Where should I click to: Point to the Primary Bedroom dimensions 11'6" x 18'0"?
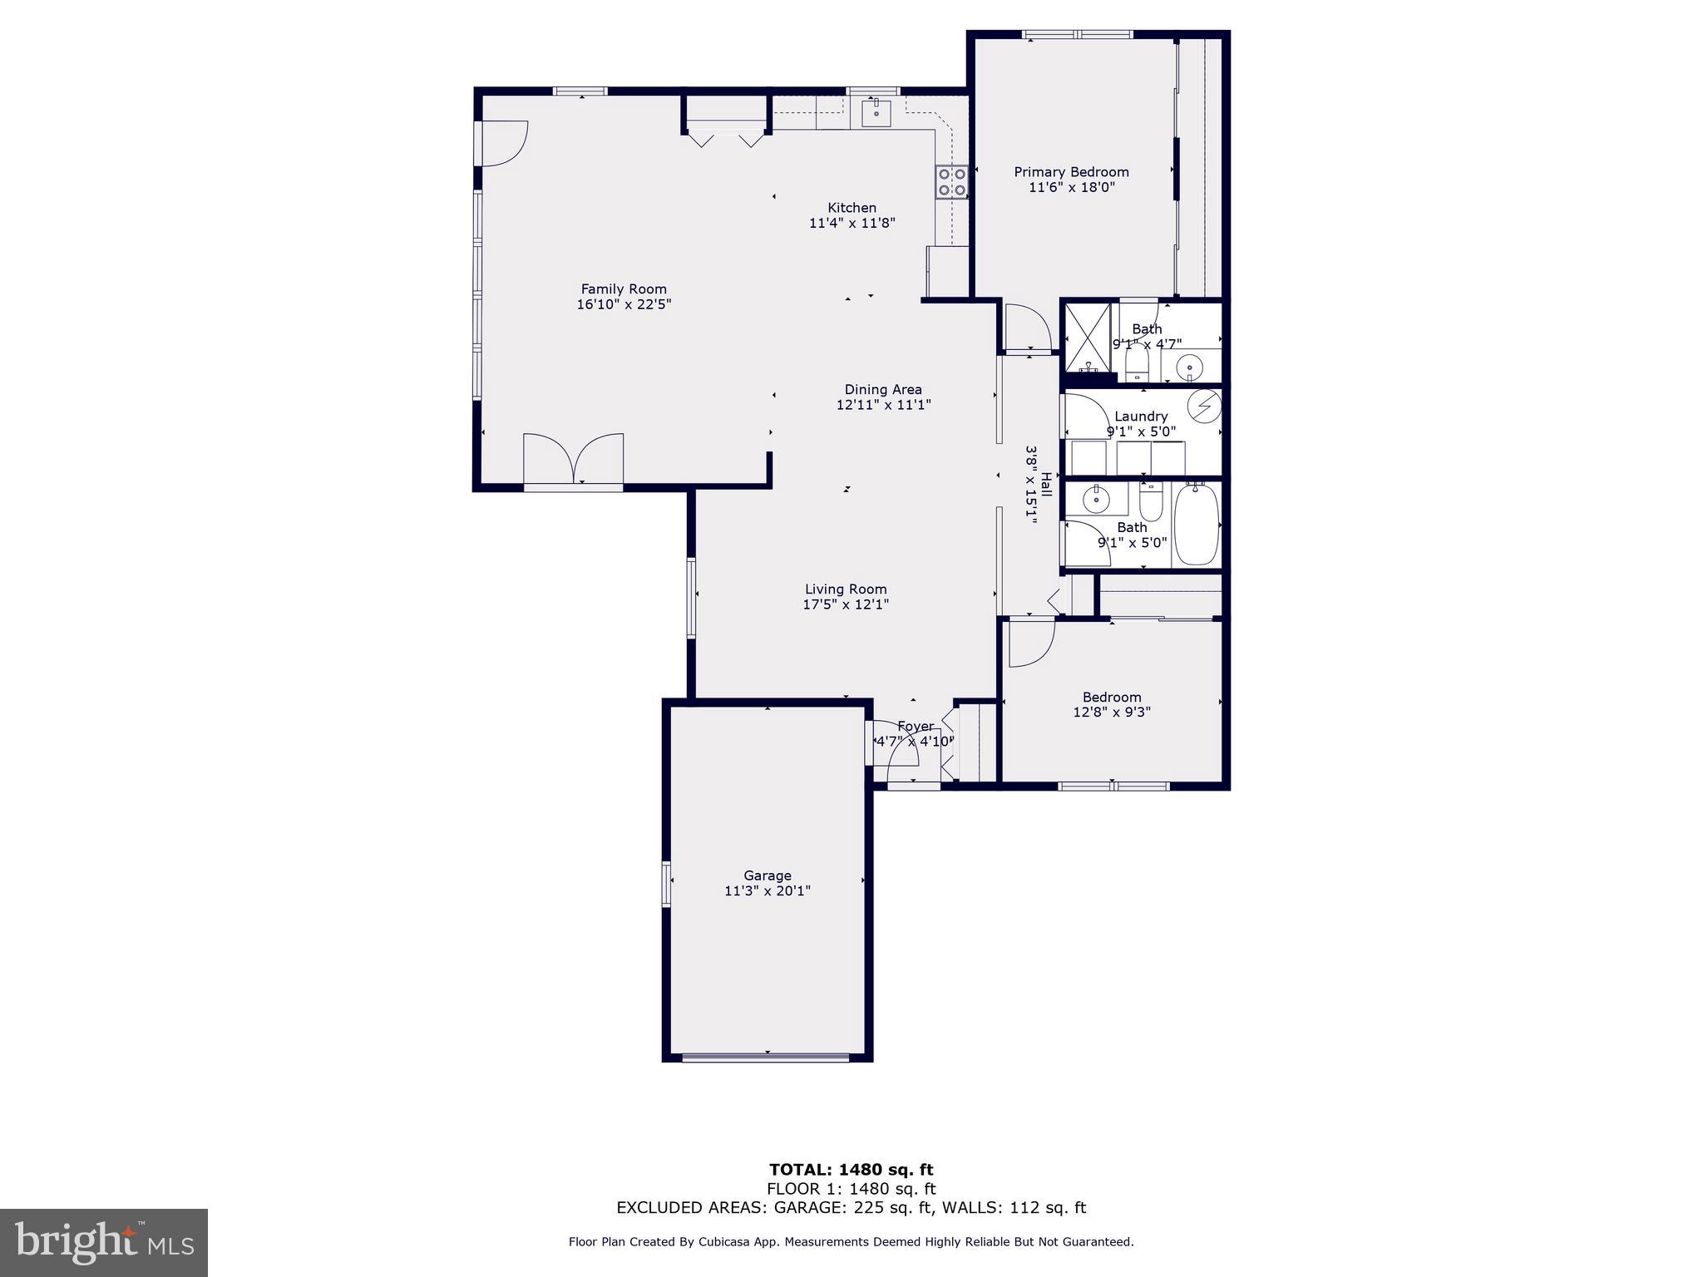[x=1071, y=188]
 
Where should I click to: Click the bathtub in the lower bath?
[x=1197, y=525]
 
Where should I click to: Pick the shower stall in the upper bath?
[x=1088, y=337]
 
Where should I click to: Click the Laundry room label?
[x=1141, y=417]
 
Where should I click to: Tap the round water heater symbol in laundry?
[x=1203, y=406]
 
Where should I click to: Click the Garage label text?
[x=767, y=875]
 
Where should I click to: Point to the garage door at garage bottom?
[x=766, y=1058]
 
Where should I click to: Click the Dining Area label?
[x=883, y=389]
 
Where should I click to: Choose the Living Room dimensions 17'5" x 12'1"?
[x=846, y=604]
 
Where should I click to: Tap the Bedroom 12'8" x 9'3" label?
[x=1112, y=704]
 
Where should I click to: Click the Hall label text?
[x=1046, y=486]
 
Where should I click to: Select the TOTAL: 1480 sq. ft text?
[x=851, y=1171]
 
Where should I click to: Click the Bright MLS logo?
[x=104, y=1242]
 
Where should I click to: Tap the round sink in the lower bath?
[x=1097, y=500]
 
